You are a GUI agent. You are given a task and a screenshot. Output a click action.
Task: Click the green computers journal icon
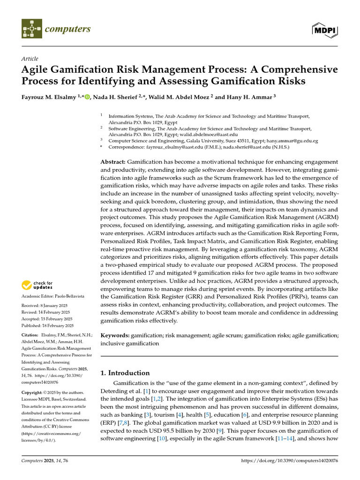coord(31,29)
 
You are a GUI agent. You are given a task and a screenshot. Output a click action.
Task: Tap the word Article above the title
coord(30,59)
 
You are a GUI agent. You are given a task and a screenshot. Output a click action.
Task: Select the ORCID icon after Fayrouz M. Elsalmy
coord(87,96)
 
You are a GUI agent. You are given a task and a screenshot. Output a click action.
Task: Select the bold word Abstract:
coord(113,162)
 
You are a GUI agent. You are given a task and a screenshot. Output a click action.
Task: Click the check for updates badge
coord(37,285)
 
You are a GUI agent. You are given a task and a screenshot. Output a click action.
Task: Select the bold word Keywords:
coord(115,336)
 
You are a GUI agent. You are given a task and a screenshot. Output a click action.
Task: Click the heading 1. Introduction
coord(125,373)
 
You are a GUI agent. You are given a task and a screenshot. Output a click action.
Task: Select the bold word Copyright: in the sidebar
coord(34,392)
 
